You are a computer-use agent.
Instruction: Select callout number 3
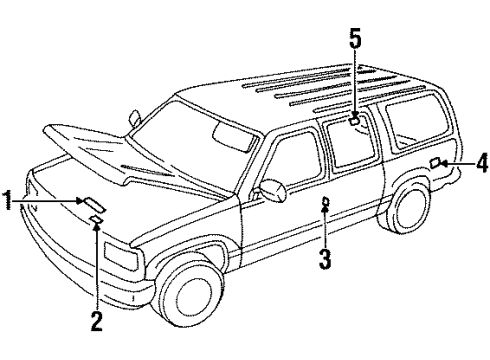(324, 262)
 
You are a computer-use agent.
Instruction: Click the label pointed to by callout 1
(88, 201)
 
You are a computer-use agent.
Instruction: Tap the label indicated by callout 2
(97, 219)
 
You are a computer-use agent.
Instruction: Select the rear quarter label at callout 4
(437, 162)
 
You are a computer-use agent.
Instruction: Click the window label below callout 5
(355, 122)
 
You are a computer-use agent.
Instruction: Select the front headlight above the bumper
(122, 269)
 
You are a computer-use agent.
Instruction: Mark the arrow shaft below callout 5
(354, 85)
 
